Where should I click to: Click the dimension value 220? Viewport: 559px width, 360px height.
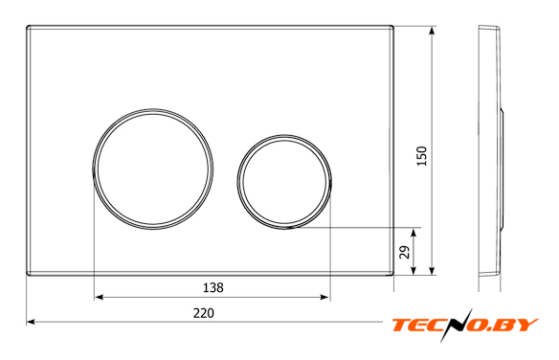pos(204,313)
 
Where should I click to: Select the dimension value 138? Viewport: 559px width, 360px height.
pos(213,287)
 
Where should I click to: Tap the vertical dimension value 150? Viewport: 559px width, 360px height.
pos(422,156)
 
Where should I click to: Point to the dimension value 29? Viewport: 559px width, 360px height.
pos(405,252)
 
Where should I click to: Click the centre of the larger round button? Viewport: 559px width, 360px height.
pos(153,169)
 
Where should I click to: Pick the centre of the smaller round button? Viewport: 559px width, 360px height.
pos(284,182)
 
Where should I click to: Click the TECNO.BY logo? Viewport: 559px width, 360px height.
pos(465,326)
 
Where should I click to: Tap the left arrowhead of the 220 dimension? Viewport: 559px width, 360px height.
pos(31,322)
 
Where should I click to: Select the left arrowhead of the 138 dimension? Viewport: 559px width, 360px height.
pos(99,297)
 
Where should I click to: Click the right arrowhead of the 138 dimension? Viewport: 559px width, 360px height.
pos(324,297)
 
